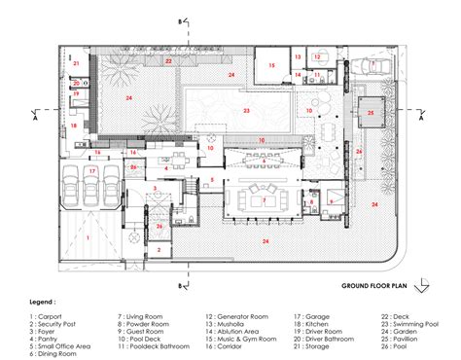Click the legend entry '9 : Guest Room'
[146, 333]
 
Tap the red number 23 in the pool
[247, 112]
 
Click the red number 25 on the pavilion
[371, 113]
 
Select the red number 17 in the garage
[92, 171]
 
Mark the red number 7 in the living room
[264, 199]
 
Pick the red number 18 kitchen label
[73, 126]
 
